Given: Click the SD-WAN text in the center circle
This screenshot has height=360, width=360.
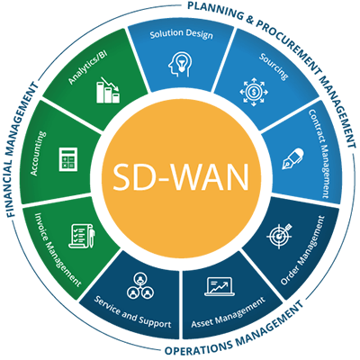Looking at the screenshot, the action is coord(181,177).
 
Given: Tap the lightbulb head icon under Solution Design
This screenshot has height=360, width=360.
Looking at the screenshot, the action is coord(180,64).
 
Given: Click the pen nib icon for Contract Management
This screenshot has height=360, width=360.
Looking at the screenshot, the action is coord(292,159).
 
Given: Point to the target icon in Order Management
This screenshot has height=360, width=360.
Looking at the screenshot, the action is coord(279,236).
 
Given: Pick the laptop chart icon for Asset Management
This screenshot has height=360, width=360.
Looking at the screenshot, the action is coord(220,287).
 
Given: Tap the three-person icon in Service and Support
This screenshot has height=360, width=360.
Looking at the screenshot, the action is coord(140,285).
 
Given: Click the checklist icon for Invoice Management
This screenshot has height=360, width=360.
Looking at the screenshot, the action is coord(82,236).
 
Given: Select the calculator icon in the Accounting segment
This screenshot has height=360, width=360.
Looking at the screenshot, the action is coord(68,159).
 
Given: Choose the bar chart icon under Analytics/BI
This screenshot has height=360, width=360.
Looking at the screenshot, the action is coord(108,90).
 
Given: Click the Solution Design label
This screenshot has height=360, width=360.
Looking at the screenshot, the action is coord(182,34).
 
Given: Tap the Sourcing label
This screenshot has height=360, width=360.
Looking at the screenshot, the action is coord(274,67).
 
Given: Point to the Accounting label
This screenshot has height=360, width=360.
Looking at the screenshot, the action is coord(39,153).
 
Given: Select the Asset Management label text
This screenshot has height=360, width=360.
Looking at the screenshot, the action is coord(229,312).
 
